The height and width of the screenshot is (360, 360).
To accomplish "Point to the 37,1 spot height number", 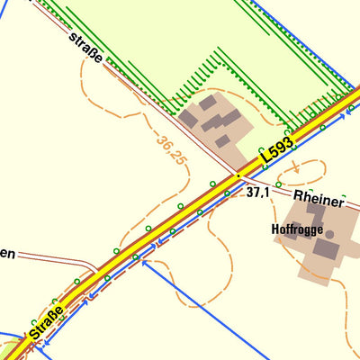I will [258, 193].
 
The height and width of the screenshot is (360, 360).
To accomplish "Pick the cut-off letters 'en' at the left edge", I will [7, 255].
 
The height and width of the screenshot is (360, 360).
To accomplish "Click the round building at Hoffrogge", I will [330, 235].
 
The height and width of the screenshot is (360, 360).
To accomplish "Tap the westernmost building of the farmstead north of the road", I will [188, 118].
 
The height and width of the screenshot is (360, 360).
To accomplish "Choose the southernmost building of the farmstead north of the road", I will [222, 141].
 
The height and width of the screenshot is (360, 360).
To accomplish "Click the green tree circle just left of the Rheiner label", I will [278, 184].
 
